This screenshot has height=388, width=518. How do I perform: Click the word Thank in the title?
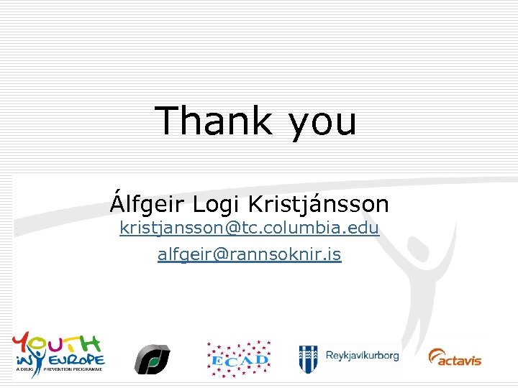tap(212, 121)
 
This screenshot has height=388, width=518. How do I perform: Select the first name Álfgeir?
tap(147, 205)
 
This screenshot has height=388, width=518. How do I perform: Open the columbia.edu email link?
tap(249, 229)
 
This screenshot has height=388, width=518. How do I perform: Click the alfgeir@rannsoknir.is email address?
tap(249, 254)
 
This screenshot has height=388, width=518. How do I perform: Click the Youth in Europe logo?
tap(58, 351)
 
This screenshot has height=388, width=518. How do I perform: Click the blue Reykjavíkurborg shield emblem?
tap(309, 358)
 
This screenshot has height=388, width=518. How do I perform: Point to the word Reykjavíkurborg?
tap(362, 356)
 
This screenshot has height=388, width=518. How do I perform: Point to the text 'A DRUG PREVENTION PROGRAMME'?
tap(58, 369)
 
